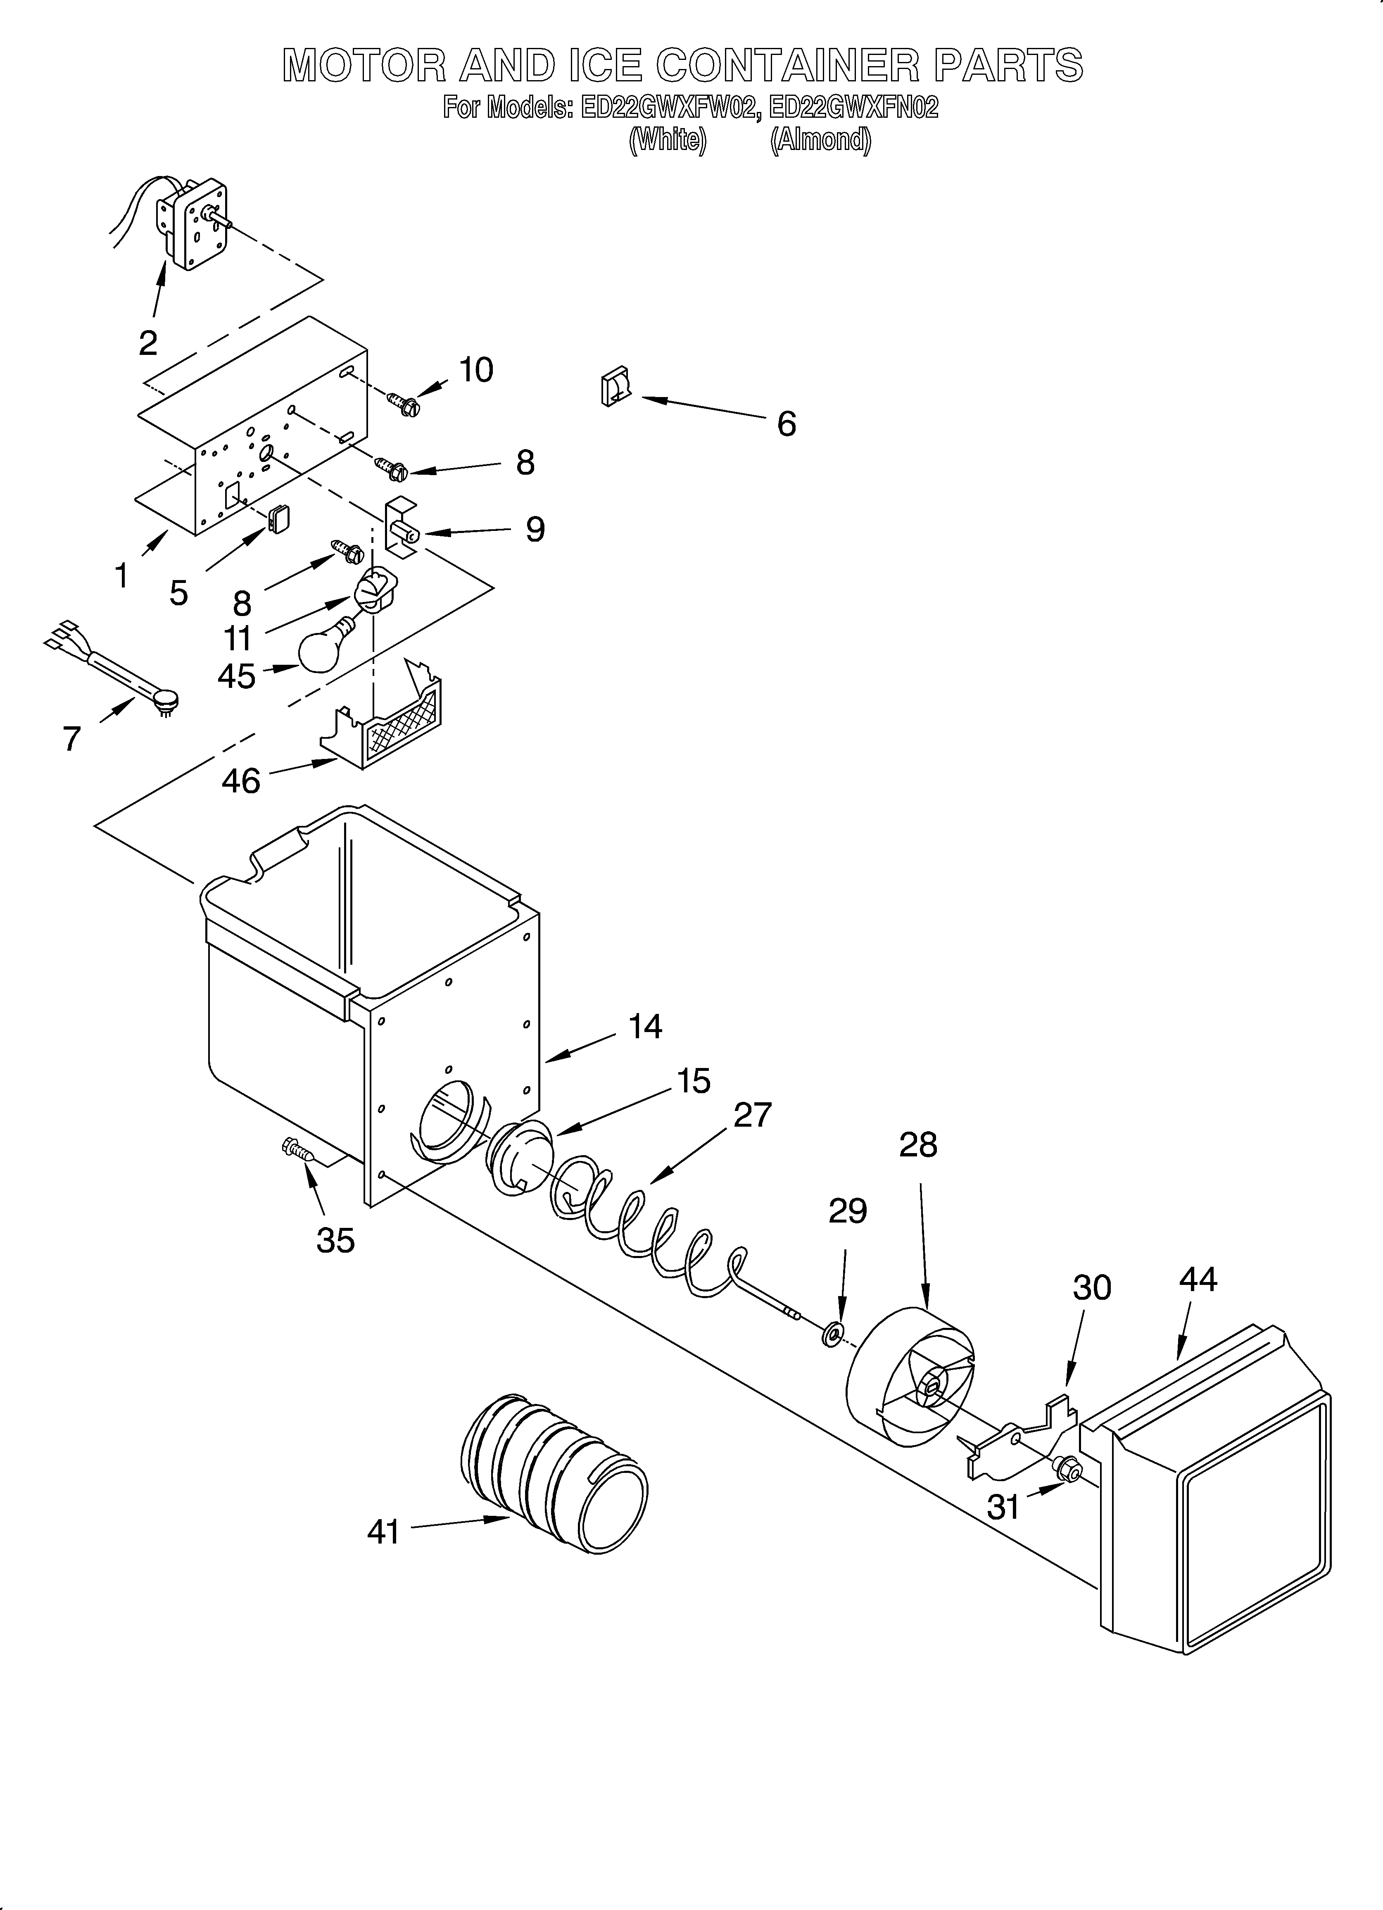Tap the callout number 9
(x=535, y=529)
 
